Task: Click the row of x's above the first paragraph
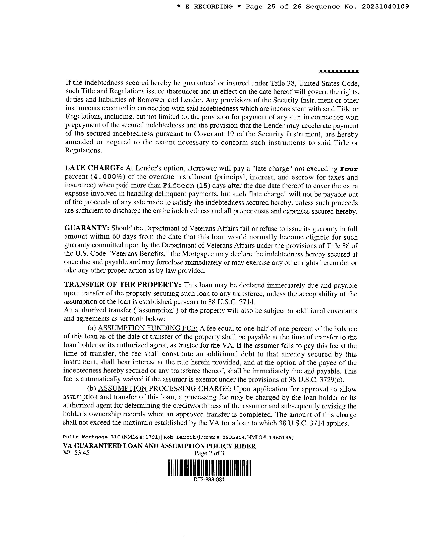click(339, 71)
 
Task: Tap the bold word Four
click(349, 169)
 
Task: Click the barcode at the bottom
click(209, 468)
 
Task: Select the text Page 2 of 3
click(209, 453)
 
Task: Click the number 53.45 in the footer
click(82, 453)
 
